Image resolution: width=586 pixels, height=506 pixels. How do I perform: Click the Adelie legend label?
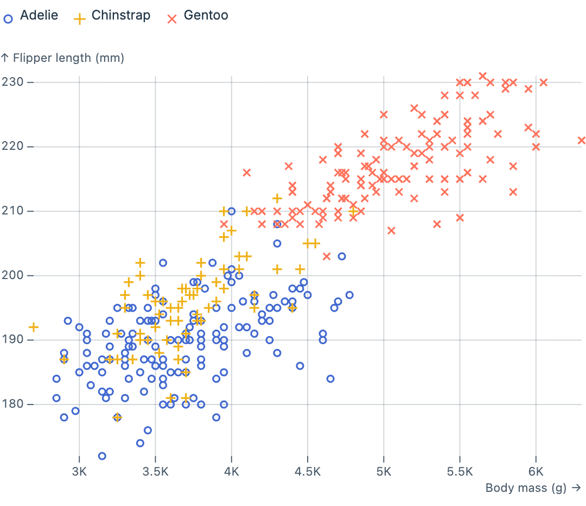[x=39, y=16]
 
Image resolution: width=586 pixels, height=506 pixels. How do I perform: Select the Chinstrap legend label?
[x=120, y=16]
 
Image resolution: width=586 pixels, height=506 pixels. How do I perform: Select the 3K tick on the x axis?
[x=79, y=470]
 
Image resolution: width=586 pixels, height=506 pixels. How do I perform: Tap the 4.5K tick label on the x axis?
[x=307, y=470]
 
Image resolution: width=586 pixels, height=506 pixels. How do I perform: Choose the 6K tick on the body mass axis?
[x=536, y=470]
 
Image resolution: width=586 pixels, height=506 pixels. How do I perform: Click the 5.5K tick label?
[x=460, y=470]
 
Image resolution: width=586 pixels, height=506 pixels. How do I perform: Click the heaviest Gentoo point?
[x=582, y=140]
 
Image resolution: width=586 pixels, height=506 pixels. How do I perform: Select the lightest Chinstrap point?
[x=34, y=327]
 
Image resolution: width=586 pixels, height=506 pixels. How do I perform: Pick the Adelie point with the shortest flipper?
[x=102, y=456]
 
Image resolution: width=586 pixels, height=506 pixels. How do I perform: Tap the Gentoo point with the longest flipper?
[x=482, y=76]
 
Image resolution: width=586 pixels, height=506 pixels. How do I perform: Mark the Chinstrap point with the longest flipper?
[x=277, y=198]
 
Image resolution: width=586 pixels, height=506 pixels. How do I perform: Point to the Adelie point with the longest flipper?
[x=232, y=211]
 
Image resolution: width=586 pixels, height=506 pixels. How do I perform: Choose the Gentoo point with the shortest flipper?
[x=327, y=256]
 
